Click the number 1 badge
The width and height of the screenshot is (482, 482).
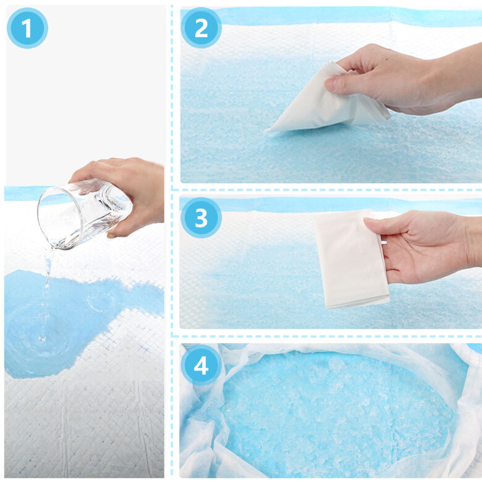pos(27,28)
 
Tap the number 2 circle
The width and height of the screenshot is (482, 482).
pos(201,28)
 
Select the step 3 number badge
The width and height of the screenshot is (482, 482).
pos(201,218)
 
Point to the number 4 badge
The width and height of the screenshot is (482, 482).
pos(201,365)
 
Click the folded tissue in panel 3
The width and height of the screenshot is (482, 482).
pos(350,260)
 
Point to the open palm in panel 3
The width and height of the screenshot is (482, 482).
pos(424,246)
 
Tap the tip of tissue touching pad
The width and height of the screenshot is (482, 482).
pos(266,131)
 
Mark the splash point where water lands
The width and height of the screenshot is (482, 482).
pos(42,340)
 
